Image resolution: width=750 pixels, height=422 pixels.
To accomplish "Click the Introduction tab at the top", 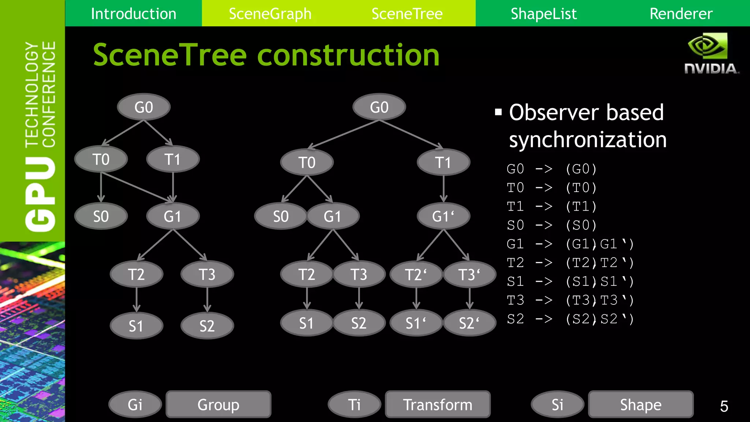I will click(133, 14).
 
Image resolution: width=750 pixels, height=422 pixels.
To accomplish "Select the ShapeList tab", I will click(543, 14).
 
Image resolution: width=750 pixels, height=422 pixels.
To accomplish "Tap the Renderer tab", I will click(681, 14).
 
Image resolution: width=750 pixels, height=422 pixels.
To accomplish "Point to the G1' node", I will click(443, 216).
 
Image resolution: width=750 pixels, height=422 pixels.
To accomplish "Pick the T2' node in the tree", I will click(416, 274).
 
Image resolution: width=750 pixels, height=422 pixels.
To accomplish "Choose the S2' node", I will click(469, 323).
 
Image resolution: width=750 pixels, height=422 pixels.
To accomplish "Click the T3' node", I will click(469, 274).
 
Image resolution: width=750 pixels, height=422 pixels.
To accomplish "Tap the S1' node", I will click(416, 323).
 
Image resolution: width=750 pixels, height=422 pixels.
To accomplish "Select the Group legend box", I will click(218, 404).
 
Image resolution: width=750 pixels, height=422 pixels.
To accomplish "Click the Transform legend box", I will click(438, 404).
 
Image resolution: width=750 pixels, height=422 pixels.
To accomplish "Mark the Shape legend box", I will click(641, 404).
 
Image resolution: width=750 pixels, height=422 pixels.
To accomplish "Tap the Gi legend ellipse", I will click(135, 404).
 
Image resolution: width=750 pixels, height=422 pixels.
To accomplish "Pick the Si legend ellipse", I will click(557, 404).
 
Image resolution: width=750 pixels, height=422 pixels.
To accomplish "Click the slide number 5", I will click(724, 406).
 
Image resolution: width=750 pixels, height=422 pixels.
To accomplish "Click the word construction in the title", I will click(348, 55).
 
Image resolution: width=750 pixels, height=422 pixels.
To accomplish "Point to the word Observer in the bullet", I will click(554, 112).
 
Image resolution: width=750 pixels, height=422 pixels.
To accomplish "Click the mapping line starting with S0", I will click(552, 225).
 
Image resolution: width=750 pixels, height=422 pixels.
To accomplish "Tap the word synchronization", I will click(588, 140).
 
